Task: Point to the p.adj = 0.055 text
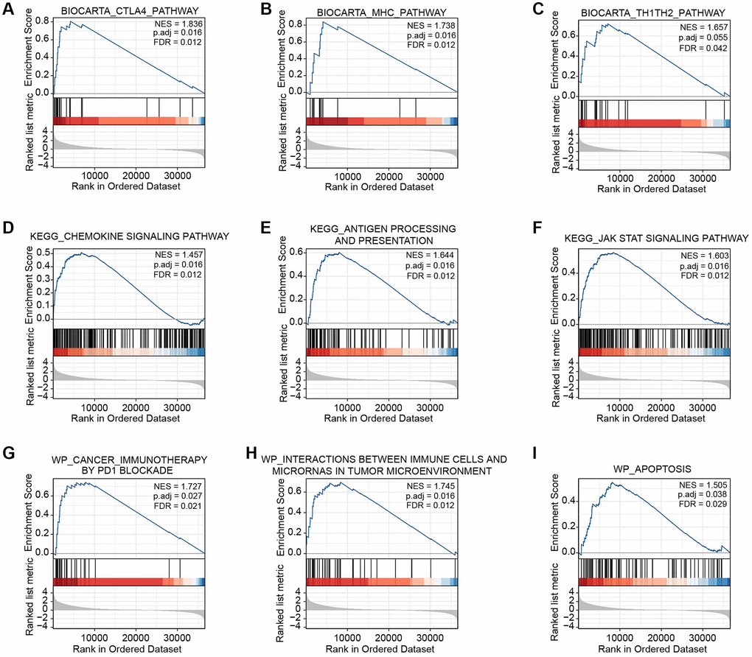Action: pos(702,37)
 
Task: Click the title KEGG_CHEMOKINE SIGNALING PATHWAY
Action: pos(130,236)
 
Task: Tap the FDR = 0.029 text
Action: pos(702,505)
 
